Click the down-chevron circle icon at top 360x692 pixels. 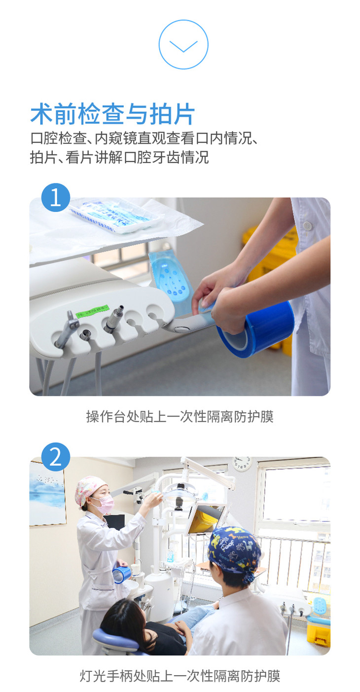[183, 44]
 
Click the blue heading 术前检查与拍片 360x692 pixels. [113, 114]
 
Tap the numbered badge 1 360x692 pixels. [56, 197]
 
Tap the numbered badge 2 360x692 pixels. [56, 457]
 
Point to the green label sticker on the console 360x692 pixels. [93, 310]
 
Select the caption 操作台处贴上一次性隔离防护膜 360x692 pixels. [180, 416]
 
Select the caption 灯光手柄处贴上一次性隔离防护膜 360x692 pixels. [180, 676]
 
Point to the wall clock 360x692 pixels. [242, 464]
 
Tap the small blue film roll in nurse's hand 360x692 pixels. [122, 574]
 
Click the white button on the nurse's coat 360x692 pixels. [307, 225]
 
